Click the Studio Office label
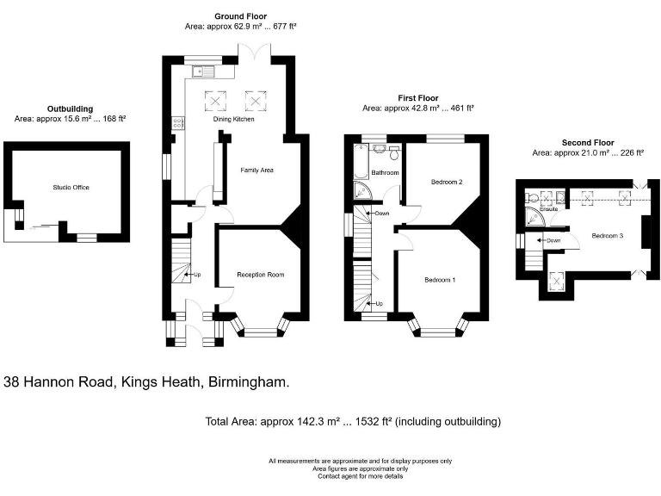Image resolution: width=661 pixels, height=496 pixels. click(71, 187)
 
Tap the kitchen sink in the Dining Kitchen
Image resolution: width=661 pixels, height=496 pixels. click(203, 71)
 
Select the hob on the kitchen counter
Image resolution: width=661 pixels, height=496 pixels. click(177, 123)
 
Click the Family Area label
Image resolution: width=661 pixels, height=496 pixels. click(256, 170)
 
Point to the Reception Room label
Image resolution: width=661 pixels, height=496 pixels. click(261, 275)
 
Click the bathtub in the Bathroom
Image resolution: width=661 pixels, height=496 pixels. click(361, 162)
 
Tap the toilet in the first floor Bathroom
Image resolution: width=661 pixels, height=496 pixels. click(394, 153)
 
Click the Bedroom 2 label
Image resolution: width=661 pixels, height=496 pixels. click(447, 182)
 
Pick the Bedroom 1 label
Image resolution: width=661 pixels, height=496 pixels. click(440, 280)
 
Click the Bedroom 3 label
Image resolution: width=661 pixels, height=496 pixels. click(607, 236)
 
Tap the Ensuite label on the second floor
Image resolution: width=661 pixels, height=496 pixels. click(548, 208)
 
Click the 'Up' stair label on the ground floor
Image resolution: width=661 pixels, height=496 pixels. click(197, 275)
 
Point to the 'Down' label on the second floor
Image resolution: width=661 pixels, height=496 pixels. click(553, 240)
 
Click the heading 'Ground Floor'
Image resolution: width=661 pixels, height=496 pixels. click(241, 16)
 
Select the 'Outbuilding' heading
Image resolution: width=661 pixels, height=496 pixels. click(70, 108)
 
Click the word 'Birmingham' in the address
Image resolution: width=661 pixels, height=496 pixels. click(247, 381)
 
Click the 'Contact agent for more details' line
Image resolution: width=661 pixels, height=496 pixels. click(360, 476)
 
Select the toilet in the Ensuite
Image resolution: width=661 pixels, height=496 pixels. click(531, 197)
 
